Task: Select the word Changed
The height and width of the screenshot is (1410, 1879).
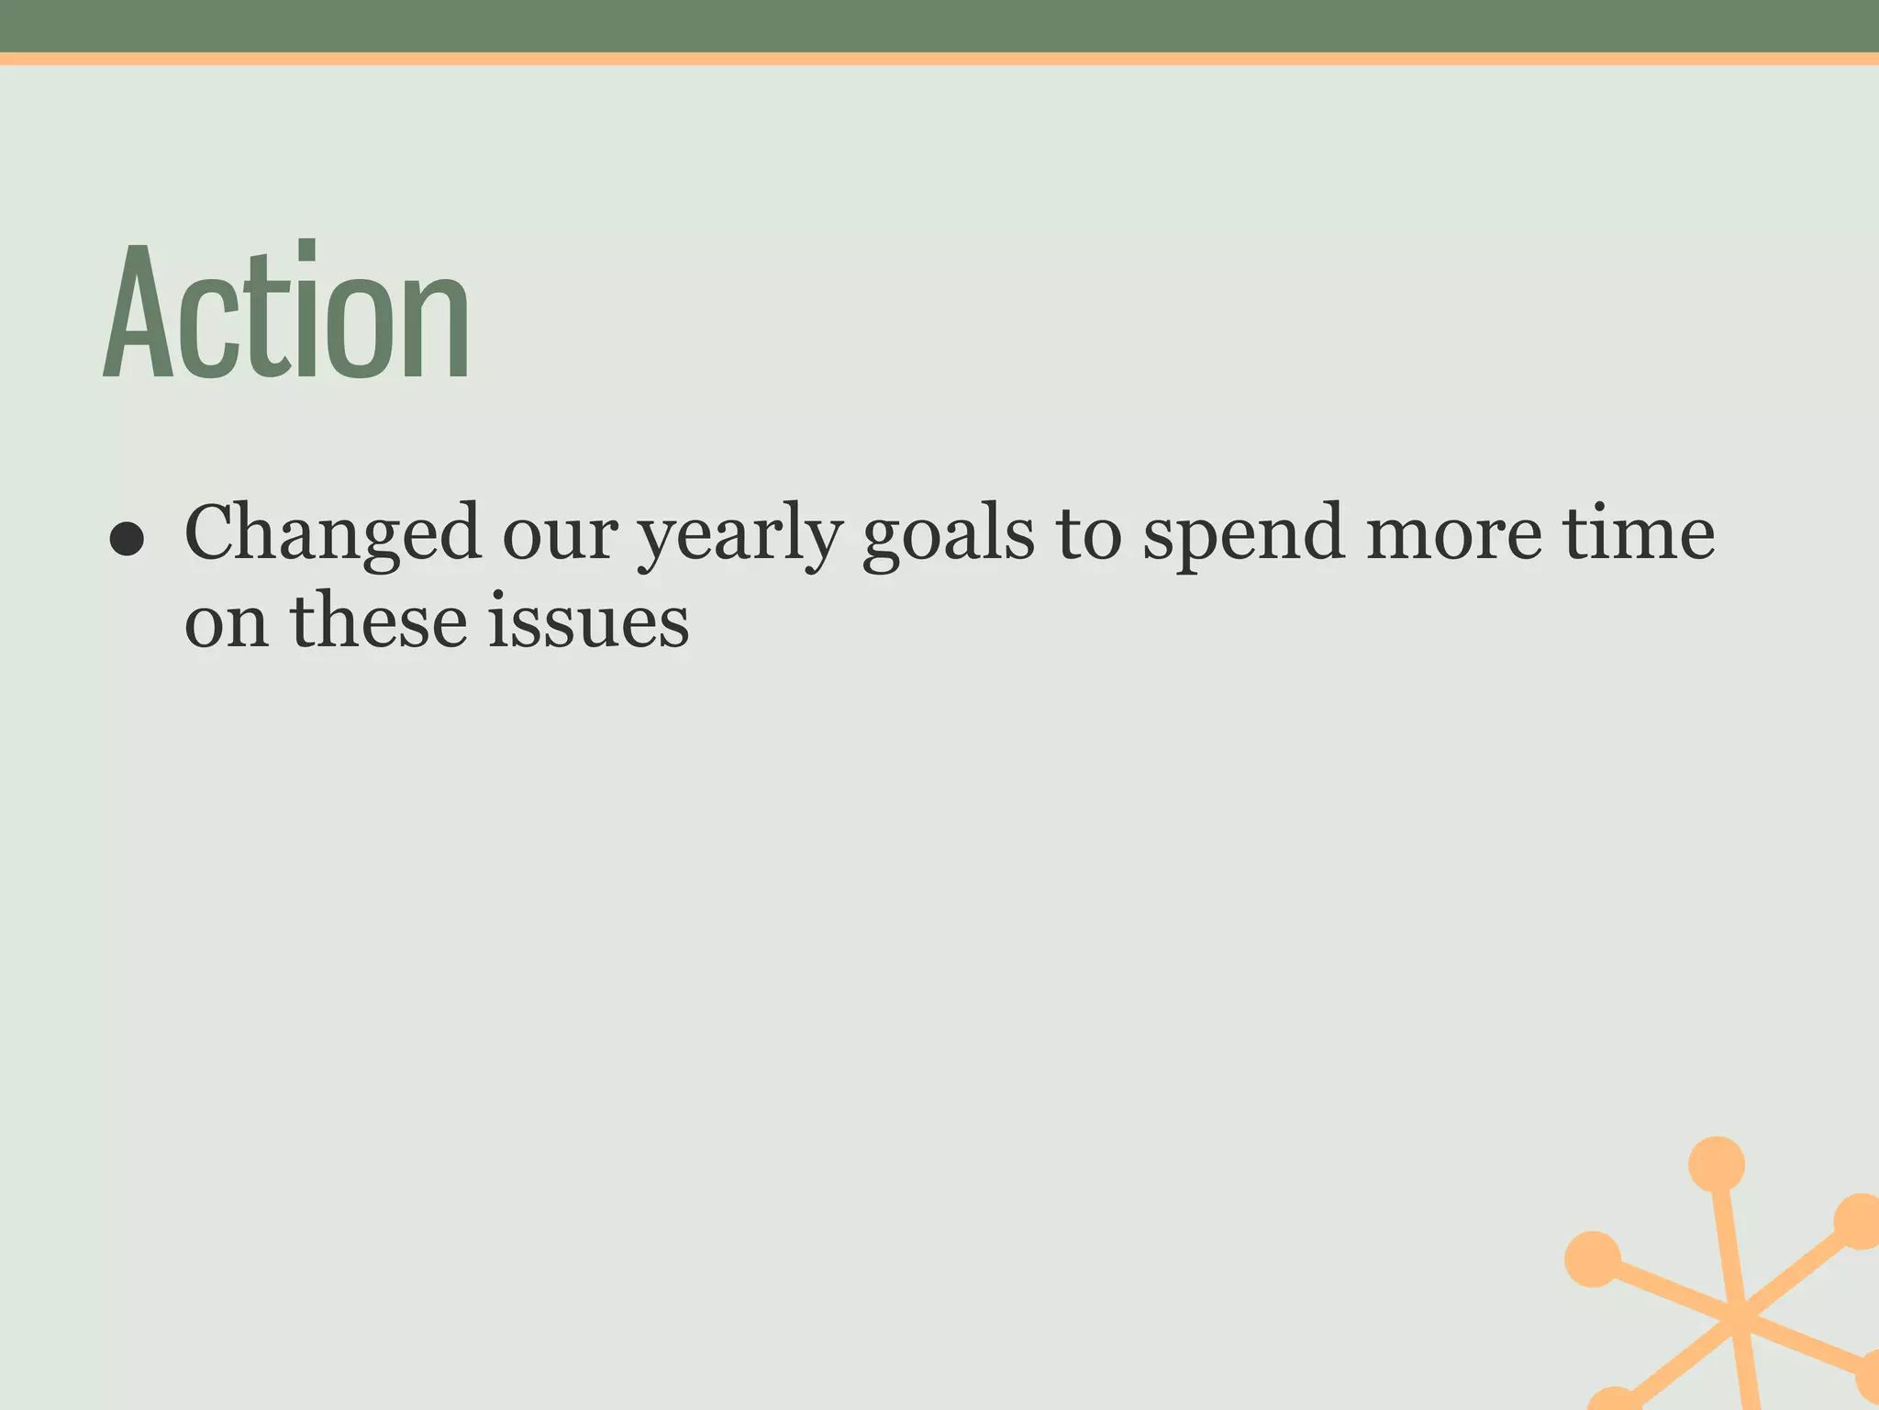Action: [332, 534]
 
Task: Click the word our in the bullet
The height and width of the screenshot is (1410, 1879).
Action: [560, 537]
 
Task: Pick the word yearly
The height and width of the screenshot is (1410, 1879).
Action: [739, 537]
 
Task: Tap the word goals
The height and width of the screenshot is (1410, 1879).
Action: [949, 537]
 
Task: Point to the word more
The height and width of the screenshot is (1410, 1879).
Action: [1454, 537]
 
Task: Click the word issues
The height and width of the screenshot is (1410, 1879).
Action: [588, 621]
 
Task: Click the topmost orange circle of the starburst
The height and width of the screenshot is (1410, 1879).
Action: [1716, 1164]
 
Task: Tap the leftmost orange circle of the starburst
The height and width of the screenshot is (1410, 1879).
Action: [1592, 1259]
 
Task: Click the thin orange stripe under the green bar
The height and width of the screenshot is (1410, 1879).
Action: [939, 59]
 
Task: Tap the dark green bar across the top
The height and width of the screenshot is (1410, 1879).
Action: [939, 26]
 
